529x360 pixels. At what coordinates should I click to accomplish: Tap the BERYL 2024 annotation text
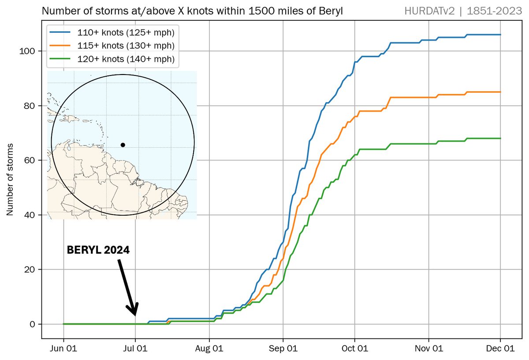[x=98, y=250]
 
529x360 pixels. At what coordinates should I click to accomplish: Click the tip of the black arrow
[x=134, y=315]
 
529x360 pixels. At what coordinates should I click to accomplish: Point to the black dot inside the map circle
[x=123, y=145]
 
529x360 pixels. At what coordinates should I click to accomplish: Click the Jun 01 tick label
[x=64, y=349]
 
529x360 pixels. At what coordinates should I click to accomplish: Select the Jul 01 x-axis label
[x=135, y=349]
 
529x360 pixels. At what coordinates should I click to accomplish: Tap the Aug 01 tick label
[x=209, y=349]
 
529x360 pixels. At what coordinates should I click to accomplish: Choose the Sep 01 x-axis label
[x=283, y=349]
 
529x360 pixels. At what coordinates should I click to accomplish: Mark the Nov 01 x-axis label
[x=428, y=349]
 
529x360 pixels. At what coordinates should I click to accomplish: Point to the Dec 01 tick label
[x=500, y=349]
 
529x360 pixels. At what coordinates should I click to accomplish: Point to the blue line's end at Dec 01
[x=500, y=34]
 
